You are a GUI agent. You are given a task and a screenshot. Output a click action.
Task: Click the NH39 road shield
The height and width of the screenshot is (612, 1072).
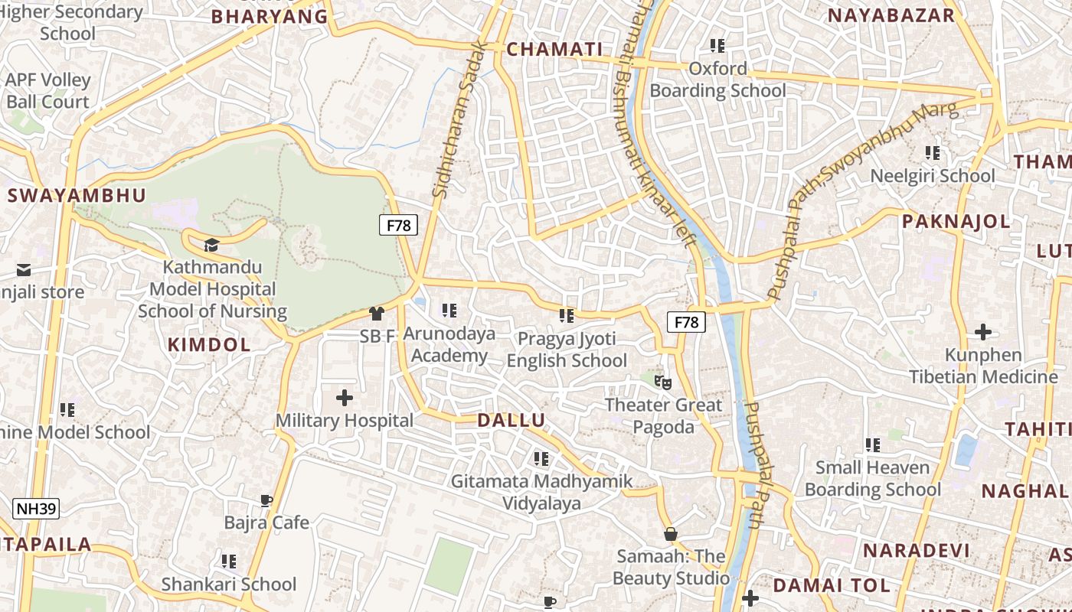(x=36, y=509)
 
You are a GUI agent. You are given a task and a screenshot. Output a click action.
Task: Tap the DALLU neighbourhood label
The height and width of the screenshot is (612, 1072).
(x=511, y=420)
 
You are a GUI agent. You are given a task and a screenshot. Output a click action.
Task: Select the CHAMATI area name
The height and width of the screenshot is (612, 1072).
(x=555, y=50)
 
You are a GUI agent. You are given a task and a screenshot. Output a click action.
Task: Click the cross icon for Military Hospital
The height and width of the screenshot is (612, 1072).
(x=345, y=398)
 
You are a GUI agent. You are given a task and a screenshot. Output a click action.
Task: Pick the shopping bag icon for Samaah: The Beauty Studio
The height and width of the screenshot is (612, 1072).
(x=670, y=534)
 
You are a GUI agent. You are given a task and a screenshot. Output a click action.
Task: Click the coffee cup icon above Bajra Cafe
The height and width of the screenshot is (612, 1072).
(x=266, y=501)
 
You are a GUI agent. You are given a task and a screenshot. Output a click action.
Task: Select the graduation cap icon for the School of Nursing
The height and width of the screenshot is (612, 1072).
(x=211, y=245)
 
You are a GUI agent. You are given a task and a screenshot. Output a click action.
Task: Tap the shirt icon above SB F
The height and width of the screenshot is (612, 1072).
(x=376, y=313)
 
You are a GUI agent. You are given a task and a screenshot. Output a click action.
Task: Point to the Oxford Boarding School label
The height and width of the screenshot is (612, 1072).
(x=717, y=80)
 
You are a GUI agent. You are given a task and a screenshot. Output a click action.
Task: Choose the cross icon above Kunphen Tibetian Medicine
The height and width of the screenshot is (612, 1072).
(x=983, y=332)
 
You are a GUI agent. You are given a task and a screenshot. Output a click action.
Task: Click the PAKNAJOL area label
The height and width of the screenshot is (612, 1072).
(x=956, y=222)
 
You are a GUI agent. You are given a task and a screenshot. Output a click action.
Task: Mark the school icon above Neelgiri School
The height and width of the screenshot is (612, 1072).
(x=933, y=153)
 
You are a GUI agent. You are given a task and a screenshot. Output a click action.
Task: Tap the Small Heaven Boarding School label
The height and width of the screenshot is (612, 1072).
(x=872, y=478)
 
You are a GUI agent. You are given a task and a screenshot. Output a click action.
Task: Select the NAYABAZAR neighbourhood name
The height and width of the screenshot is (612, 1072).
(x=891, y=15)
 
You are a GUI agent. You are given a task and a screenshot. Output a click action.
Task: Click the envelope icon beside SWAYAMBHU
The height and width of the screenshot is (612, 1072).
(x=24, y=270)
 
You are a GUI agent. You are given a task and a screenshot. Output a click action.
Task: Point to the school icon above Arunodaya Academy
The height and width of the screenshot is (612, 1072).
(x=449, y=311)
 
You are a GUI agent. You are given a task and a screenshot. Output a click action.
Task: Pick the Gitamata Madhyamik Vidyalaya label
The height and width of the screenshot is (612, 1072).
(x=541, y=492)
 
